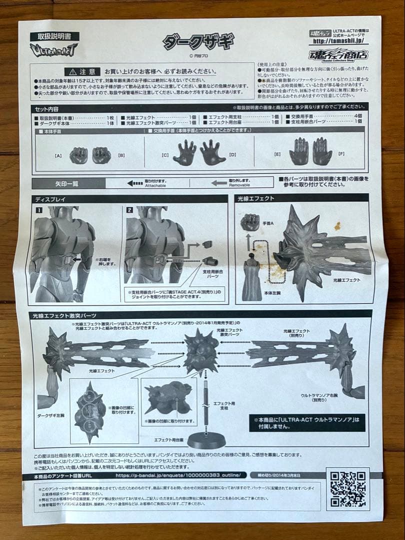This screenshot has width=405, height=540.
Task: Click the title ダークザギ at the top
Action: point(198,42)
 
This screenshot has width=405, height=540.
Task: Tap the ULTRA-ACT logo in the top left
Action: point(54,49)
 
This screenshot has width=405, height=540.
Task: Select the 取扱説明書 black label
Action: point(54,36)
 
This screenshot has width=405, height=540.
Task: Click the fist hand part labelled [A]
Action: point(78,154)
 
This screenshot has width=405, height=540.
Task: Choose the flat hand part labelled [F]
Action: point(322,151)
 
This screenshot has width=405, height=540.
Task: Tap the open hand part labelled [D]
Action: point(213,152)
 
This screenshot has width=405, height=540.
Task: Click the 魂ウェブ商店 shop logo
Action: point(339,54)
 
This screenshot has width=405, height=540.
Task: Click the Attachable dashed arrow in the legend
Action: point(135,183)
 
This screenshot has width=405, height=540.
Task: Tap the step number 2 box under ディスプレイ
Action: point(130,210)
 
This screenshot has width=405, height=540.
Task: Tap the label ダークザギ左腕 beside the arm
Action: point(52,414)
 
